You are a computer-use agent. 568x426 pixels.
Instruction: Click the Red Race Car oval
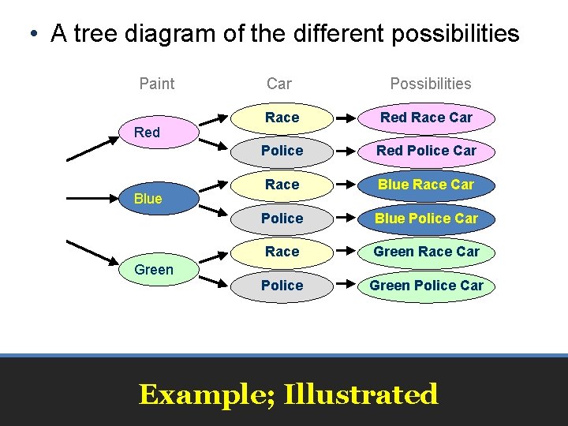[x=426, y=118]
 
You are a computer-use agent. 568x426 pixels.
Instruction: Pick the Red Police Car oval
[x=426, y=151]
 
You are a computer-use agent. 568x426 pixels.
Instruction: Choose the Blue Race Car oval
[x=426, y=185]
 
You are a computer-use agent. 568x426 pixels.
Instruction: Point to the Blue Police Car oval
[x=426, y=219]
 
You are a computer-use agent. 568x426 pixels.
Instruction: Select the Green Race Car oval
[x=426, y=252]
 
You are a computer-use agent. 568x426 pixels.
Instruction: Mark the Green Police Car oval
[x=426, y=286]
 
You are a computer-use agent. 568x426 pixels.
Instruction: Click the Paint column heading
[x=156, y=84]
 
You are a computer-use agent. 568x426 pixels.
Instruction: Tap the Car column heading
[x=278, y=84]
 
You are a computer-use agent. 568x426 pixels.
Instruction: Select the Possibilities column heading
[x=430, y=84]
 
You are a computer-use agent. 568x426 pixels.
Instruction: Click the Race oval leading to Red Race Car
[x=282, y=118]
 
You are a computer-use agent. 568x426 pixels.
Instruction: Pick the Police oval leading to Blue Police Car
[x=282, y=219]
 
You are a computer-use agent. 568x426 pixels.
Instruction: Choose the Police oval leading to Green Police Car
[x=282, y=286]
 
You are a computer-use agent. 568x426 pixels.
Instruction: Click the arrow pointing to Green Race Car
[x=346, y=252]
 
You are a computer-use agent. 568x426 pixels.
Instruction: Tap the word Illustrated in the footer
[x=361, y=394]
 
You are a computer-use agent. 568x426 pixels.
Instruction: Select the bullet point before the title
[x=32, y=35]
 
